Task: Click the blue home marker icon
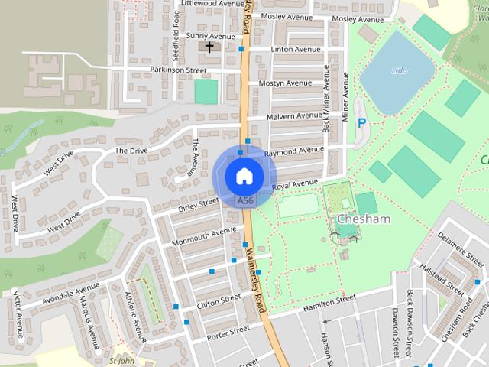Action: [x=243, y=176]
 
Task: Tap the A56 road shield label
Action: [x=244, y=200]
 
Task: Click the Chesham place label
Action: [x=364, y=219]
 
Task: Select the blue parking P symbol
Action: [x=362, y=123]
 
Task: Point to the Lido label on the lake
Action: [x=399, y=70]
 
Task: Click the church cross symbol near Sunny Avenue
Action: [x=209, y=47]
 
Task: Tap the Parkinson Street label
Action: [x=179, y=70]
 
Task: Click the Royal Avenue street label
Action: [x=294, y=184]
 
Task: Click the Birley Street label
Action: [x=198, y=206]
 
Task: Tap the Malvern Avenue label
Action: [x=295, y=116]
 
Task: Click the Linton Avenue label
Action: [x=296, y=50]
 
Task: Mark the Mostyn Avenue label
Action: [x=285, y=83]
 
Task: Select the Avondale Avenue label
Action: [x=70, y=293]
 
